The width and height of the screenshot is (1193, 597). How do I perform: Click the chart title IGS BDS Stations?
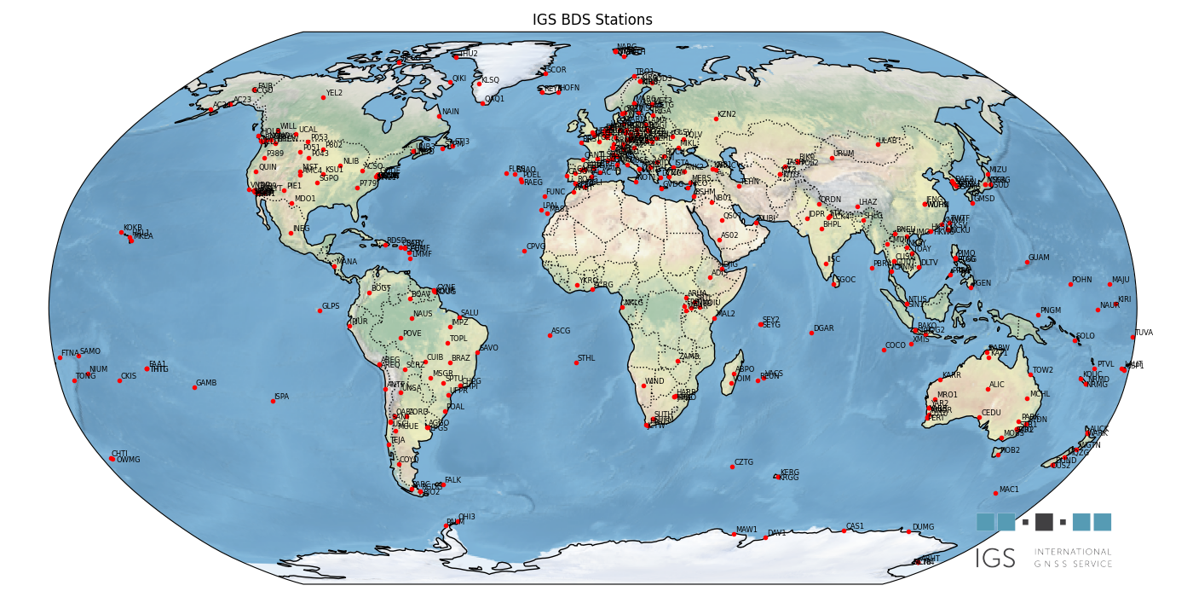592,20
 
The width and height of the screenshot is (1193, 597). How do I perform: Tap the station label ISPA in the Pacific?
281,397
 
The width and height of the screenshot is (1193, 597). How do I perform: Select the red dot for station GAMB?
194,387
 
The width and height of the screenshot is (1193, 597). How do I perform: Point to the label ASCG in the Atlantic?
561,331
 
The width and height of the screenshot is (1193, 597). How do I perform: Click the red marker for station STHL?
576,362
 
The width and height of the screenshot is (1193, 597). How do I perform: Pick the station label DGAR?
823,328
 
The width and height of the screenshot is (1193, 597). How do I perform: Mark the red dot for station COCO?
884,350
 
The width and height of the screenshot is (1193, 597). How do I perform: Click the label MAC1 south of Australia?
1009,490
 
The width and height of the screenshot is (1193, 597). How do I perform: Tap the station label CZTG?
744,462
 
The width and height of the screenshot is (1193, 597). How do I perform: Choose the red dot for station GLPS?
320,310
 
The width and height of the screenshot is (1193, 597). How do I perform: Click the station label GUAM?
1039,258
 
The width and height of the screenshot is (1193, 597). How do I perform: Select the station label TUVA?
1143,333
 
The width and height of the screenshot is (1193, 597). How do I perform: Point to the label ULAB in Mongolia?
888,141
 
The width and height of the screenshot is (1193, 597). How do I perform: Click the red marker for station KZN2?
716,119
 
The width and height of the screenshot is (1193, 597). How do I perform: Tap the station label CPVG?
536,246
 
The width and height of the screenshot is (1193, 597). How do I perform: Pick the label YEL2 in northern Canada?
334,93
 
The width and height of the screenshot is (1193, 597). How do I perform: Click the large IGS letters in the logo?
995,559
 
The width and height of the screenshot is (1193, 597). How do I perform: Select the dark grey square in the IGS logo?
1044,522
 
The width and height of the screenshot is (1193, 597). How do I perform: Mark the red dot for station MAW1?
734,534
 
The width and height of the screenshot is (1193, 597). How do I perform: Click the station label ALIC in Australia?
997,385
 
